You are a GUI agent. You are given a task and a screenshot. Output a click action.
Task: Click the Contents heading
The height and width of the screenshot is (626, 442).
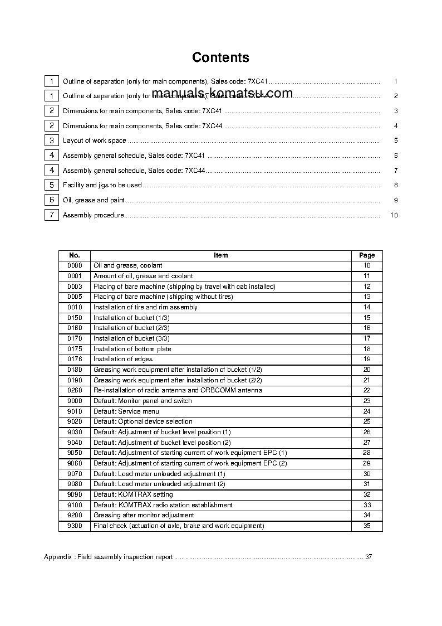point(220,57)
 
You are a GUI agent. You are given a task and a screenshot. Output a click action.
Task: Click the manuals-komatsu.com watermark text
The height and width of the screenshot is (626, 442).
point(222,93)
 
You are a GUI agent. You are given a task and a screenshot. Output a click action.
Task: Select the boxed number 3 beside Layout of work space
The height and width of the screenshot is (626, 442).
point(51,140)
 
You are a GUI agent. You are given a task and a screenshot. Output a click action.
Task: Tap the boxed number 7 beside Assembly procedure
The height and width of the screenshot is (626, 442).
point(51,215)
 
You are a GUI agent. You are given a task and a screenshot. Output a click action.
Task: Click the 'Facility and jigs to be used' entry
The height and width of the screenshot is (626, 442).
point(102,185)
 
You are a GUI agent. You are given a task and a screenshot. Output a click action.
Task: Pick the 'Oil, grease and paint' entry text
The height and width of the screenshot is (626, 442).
point(94,200)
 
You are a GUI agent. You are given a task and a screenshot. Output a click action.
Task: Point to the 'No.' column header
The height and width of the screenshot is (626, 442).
point(75,255)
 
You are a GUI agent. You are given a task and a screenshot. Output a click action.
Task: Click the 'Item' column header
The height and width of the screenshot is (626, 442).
point(220,255)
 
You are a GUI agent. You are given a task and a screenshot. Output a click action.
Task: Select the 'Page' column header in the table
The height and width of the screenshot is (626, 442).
point(367,255)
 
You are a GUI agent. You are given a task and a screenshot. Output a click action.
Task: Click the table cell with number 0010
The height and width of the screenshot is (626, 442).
point(75,307)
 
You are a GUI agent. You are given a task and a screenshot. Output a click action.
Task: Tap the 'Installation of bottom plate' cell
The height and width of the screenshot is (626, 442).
point(132,349)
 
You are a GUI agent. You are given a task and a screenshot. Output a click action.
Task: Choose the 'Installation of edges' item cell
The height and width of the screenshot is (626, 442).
point(122,359)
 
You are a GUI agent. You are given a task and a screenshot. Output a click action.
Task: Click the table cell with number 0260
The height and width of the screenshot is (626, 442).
point(75,390)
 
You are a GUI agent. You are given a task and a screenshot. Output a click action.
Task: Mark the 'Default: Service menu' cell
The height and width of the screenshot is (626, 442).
point(126,411)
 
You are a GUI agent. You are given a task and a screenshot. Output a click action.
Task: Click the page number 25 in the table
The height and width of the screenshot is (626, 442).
point(367,421)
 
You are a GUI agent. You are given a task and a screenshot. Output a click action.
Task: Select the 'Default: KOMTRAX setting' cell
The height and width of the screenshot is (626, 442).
point(133,494)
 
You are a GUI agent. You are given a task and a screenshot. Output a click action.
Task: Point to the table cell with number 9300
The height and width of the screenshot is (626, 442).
point(75,526)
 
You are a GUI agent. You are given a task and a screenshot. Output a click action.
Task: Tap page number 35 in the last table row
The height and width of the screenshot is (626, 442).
point(367,526)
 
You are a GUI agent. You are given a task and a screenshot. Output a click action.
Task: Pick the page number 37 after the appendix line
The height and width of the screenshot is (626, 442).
point(368,557)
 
